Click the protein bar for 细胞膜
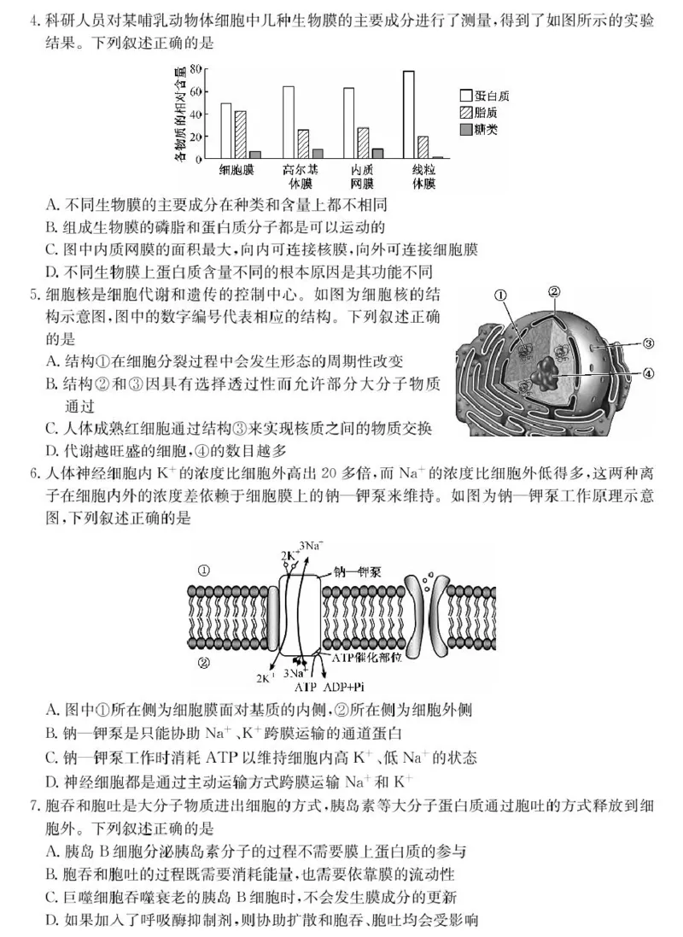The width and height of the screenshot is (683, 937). pos(225,131)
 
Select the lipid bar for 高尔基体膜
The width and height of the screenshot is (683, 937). pos(302,143)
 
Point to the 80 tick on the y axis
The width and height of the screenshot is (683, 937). pos(196,68)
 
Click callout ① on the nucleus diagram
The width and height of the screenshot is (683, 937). pos(500,296)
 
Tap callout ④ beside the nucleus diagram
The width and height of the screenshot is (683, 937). pos(648,373)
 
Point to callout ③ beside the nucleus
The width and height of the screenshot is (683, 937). pos(648,344)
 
